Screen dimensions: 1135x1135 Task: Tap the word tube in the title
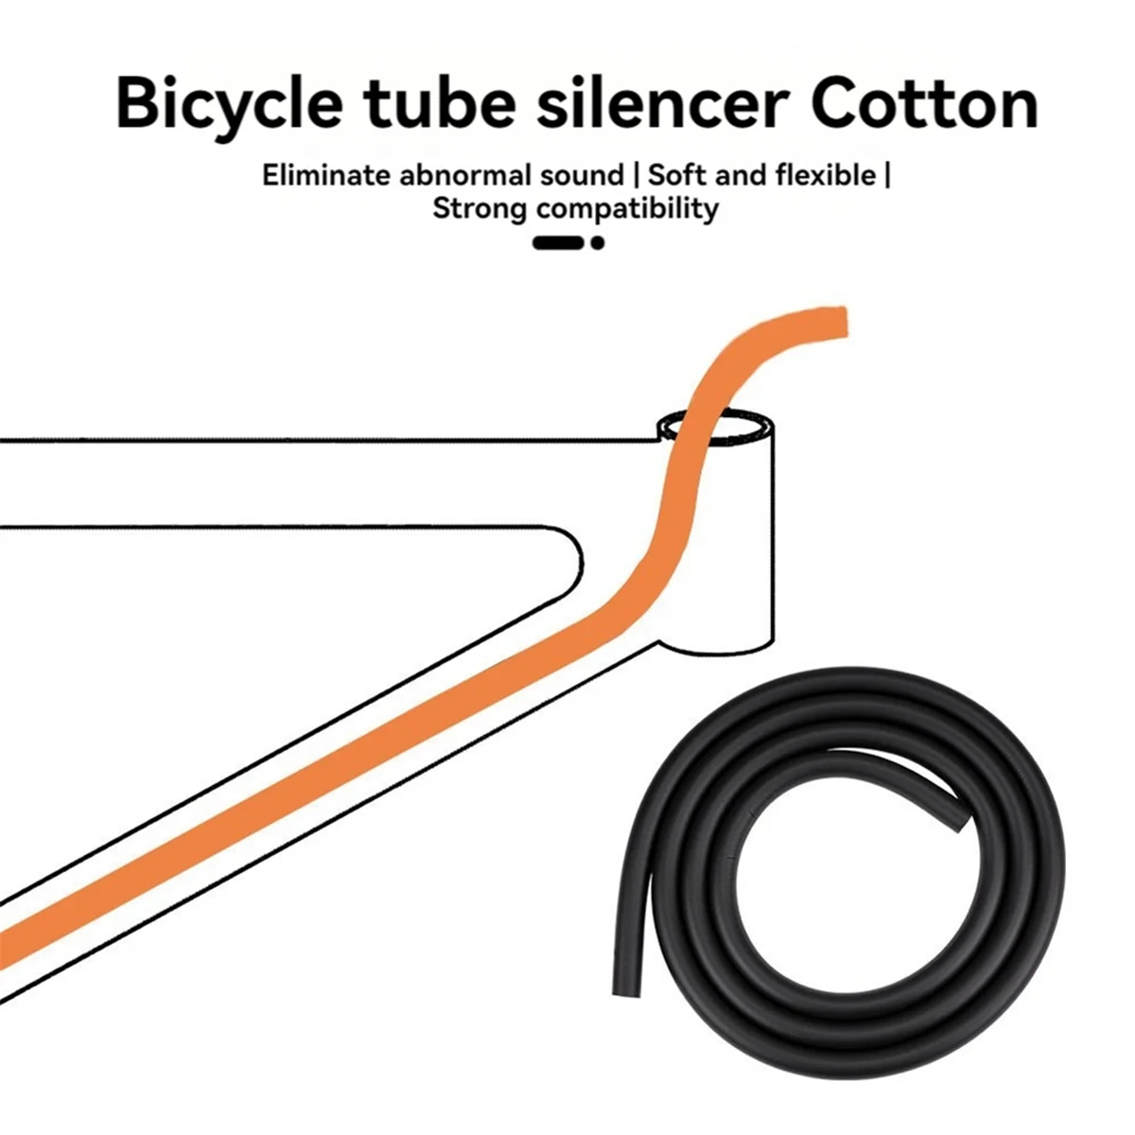(x=440, y=103)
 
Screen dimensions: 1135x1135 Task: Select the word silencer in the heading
(x=663, y=103)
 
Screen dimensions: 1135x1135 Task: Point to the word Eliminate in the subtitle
(x=327, y=176)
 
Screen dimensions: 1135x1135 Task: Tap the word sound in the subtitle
(x=582, y=176)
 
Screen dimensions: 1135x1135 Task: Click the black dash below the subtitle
(x=558, y=243)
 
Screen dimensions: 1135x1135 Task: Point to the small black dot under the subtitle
(x=597, y=243)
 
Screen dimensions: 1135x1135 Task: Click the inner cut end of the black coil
(x=960, y=819)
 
